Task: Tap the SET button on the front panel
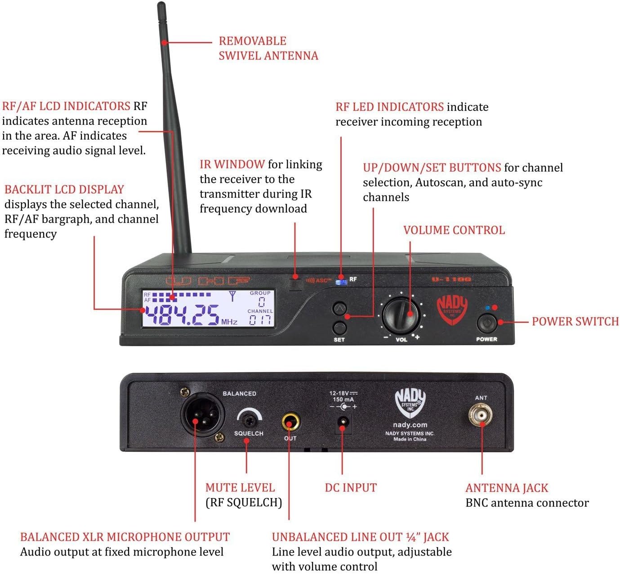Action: pos(339,327)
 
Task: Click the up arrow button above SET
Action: pos(339,309)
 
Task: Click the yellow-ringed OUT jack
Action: pos(290,422)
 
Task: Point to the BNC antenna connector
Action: pos(481,415)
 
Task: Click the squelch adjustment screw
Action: pos(249,420)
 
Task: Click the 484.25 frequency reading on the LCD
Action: pos(181,315)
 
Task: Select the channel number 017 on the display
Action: pos(260,320)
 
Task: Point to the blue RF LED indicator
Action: pos(341,282)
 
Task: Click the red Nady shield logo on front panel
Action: pos(452,309)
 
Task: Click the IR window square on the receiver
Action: pos(295,283)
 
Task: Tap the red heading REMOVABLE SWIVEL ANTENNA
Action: pos(268,48)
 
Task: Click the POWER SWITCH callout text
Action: pos(575,322)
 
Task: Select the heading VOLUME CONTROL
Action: pos(454,230)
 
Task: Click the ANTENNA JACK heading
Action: pos(507,488)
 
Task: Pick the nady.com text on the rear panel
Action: pos(410,425)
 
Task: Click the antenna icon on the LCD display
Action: pos(232,296)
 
